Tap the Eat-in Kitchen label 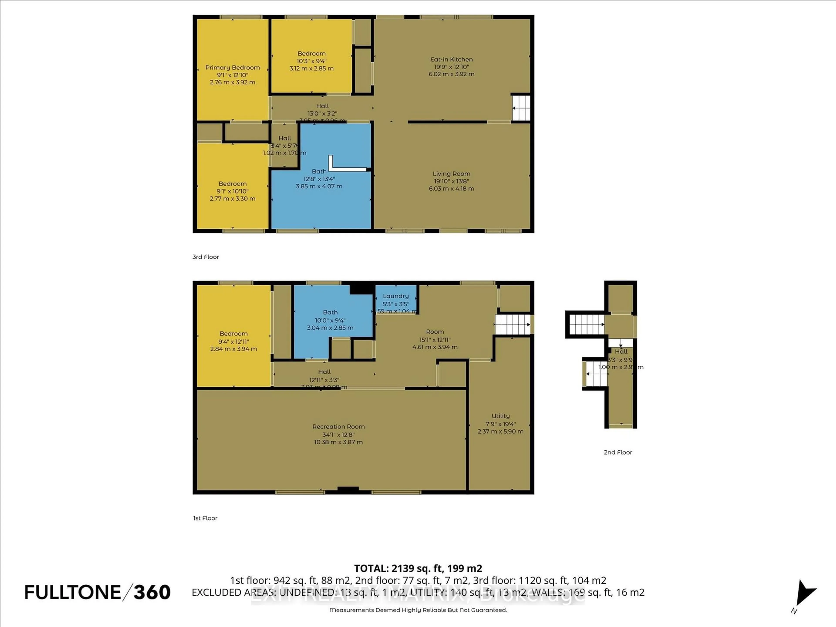click(x=451, y=59)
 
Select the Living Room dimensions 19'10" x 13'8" click(x=451, y=181)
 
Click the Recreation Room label click(x=338, y=426)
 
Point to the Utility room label click(x=500, y=416)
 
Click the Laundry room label click(x=396, y=296)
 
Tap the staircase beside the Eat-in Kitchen click(x=521, y=108)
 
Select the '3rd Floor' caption click(x=206, y=257)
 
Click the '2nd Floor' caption click(x=618, y=452)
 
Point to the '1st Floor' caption click(x=205, y=518)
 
